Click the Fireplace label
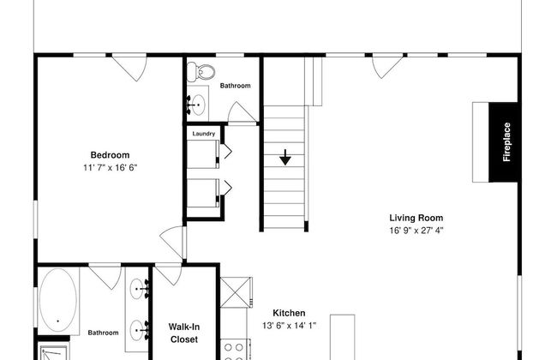(507, 141)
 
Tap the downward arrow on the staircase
(284, 157)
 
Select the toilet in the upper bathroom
(201, 71)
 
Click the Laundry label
(204, 134)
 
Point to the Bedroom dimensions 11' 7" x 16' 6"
(111, 167)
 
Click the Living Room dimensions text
(416, 231)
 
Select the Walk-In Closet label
(184, 333)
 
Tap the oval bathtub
(57, 300)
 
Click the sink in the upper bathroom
(196, 105)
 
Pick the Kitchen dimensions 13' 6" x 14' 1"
(289, 326)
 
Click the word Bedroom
(111, 155)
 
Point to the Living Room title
(416, 218)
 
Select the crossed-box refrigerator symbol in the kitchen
(237, 292)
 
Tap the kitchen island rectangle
(343, 337)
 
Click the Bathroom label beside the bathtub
(103, 333)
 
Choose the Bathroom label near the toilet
(235, 86)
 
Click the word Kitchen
(289, 313)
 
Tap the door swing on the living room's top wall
(387, 67)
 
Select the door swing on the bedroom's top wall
(129, 69)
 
